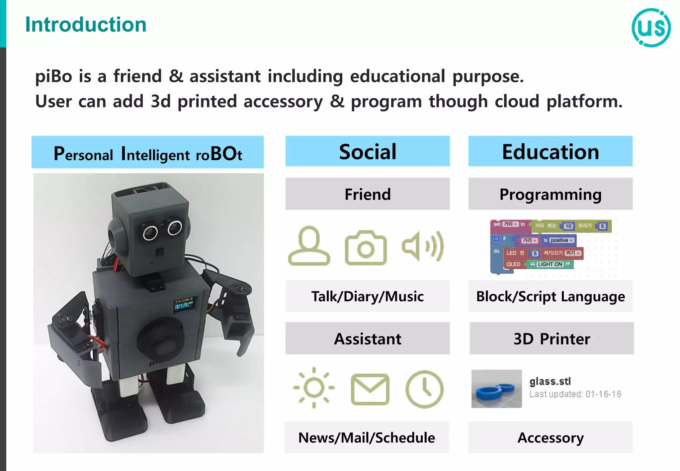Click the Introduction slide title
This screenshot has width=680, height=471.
86,25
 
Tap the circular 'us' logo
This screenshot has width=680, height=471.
651,28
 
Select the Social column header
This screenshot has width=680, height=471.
367,151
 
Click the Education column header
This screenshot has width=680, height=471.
550,151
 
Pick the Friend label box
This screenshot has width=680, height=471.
367,194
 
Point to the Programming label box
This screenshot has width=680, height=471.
550,194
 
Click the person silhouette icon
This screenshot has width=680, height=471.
309,246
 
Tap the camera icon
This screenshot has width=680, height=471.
366,247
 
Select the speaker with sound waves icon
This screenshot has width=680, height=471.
422,246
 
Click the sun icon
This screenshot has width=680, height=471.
314,387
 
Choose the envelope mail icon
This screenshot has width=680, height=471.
370,389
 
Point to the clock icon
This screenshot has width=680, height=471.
424,389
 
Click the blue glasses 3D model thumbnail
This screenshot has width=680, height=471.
496,389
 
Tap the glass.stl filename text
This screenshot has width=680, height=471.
550,381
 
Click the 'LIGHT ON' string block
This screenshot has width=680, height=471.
550,264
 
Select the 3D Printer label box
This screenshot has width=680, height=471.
551,338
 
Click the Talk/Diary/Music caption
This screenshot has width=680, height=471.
367,296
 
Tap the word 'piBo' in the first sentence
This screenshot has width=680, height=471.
53,76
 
